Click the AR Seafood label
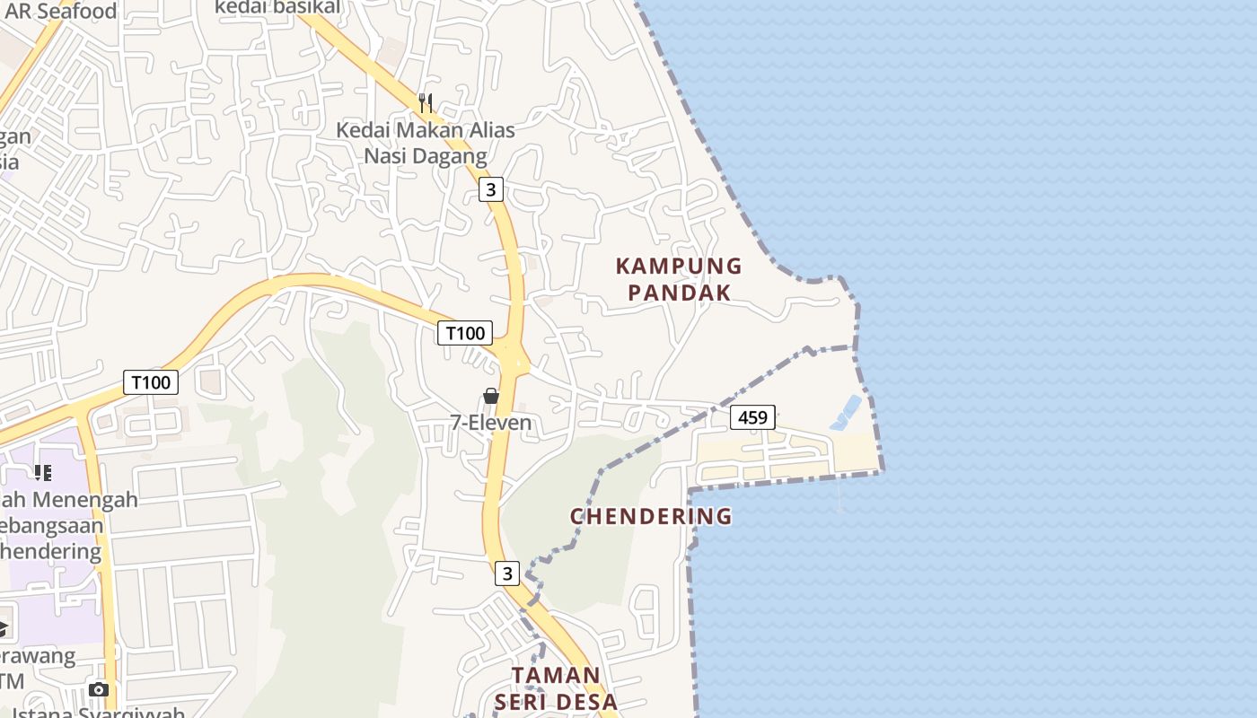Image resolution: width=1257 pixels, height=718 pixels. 61,11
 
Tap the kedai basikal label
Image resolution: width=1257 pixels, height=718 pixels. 277,7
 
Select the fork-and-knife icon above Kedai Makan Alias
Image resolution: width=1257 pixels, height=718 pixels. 426,103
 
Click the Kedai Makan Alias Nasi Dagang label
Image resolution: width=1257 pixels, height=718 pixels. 426,143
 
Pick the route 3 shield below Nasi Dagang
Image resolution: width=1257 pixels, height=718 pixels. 490,189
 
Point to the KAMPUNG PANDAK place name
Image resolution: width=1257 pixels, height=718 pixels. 679,279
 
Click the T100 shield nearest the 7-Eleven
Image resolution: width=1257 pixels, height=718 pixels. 465,333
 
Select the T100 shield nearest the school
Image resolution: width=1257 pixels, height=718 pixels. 151,382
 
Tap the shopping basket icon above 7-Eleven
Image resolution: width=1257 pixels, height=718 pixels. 491,396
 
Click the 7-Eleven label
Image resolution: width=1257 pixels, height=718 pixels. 491,423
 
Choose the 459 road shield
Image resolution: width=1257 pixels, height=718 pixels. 752,417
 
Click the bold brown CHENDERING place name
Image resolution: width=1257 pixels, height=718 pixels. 651,516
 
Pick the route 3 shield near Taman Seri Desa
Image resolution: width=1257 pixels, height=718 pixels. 507,573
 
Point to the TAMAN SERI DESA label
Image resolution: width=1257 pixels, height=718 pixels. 556,688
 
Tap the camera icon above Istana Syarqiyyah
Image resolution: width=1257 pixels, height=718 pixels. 99,689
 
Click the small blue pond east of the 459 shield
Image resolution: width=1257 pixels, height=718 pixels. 845,413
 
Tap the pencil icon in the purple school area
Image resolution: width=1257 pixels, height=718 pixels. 42,472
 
